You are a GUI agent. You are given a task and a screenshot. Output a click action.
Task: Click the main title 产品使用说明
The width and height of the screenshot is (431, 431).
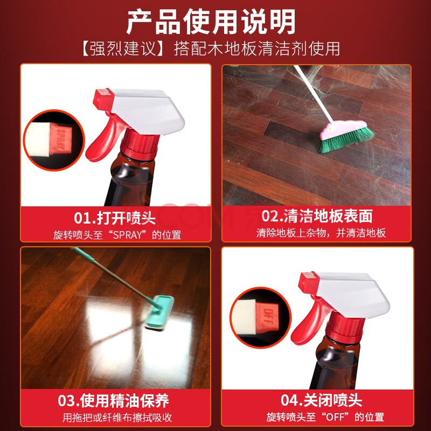point(211,22)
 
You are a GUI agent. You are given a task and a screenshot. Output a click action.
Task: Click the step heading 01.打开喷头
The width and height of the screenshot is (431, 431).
point(115,218)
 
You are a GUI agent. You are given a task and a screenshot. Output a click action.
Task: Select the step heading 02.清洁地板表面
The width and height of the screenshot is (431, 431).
point(317,216)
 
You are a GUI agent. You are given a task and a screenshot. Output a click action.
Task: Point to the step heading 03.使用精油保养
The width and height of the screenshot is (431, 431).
point(113,401)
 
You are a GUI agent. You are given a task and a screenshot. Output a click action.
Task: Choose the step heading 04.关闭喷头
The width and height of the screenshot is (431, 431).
point(321,400)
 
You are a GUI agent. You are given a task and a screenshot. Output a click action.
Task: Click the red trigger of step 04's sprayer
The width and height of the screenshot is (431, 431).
point(309,321)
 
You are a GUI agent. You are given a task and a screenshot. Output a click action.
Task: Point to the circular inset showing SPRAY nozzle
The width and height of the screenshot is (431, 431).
point(54,140)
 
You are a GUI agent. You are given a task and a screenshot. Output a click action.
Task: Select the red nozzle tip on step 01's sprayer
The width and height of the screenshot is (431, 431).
point(103,99)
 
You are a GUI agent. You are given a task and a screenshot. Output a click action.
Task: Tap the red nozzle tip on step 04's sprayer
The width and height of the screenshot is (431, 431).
point(309,282)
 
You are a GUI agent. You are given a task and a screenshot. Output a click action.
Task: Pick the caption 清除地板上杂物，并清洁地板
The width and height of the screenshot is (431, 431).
point(321,233)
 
